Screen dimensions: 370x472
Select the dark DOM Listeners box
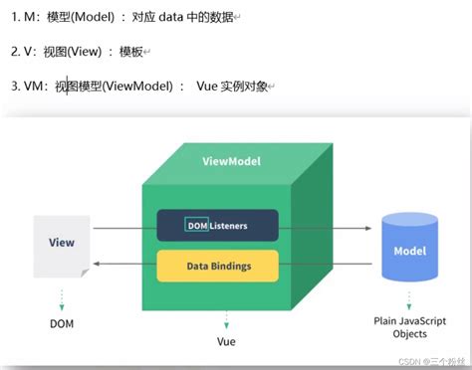coord(215,226)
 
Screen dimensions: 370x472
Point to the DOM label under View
coord(62,323)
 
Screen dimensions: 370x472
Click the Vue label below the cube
coord(226,340)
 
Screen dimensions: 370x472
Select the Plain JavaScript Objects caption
coord(410,328)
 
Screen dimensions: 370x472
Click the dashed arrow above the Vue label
coord(226,318)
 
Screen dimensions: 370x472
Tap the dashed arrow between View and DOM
coord(62,297)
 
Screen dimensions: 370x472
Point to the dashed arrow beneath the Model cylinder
coord(410,299)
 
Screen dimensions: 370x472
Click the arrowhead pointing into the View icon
coord(97,266)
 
